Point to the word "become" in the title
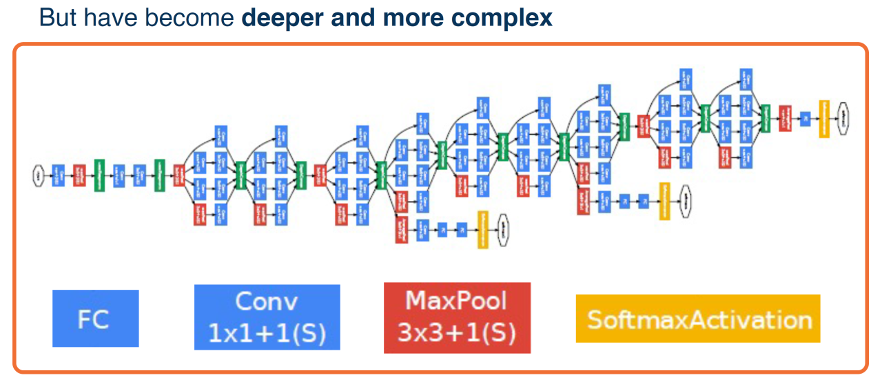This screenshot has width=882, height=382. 200,17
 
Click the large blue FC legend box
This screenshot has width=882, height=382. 95,318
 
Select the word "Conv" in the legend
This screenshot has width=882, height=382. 267,301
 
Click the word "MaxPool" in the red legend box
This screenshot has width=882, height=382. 456,301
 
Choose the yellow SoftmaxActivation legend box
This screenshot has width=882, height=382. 697,319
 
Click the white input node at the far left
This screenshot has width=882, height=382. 38,176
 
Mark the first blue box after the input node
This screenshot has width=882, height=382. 59,176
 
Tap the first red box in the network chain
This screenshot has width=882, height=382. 79,176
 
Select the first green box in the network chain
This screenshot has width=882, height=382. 99,176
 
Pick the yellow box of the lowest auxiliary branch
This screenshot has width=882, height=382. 483,229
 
